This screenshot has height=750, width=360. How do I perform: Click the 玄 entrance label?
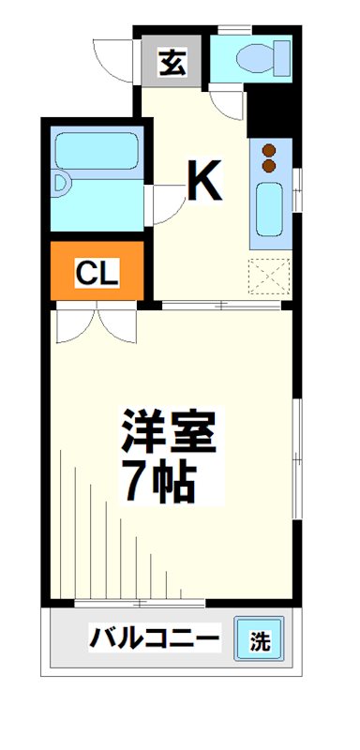(x=171, y=63)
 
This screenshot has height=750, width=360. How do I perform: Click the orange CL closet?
(x=96, y=272)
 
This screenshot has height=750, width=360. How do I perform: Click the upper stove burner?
(x=270, y=150)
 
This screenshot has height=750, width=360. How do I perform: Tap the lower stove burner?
(x=270, y=166)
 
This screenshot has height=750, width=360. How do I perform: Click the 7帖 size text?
(x=157, y=480)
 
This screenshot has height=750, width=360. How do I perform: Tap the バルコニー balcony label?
(x=155, y=640)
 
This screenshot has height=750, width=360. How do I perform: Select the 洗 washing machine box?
(x=259, y=641)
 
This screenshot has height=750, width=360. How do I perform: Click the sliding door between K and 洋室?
(x=220, y=305)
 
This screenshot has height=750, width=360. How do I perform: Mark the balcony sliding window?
(x=127, y=601)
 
